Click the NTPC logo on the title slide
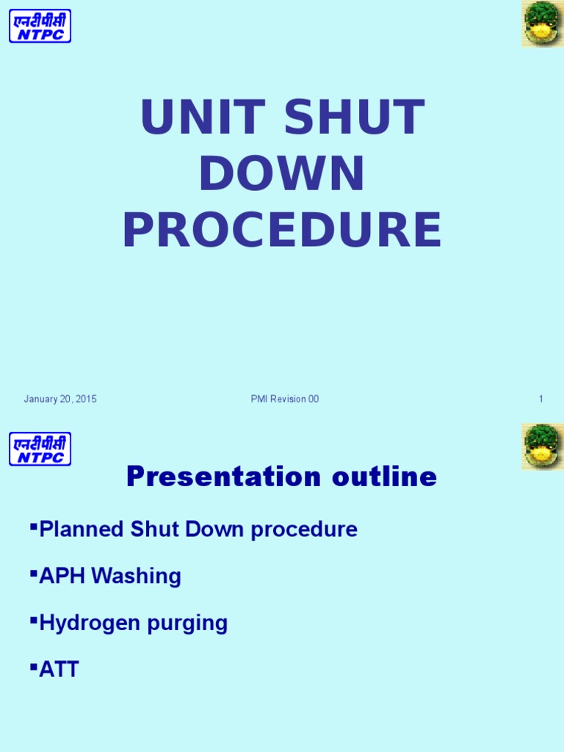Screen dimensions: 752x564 coord(40,26)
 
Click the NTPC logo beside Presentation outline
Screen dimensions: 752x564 coord(40,449)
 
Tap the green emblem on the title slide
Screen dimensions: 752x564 coord(543,23)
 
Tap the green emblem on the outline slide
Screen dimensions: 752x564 coord(543,446)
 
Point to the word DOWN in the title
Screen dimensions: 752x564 coord(282,174)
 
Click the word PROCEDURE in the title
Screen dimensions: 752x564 coord(282,230)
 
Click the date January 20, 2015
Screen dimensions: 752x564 coord(60,399)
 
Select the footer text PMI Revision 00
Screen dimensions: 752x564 coord(285,399)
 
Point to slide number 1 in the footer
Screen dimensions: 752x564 coord(540,399)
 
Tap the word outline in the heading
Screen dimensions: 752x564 coord(384,477)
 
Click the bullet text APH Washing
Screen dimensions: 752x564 coord(110,576)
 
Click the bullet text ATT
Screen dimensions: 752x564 coord(59,670)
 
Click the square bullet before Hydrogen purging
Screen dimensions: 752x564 coord(34,619)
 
